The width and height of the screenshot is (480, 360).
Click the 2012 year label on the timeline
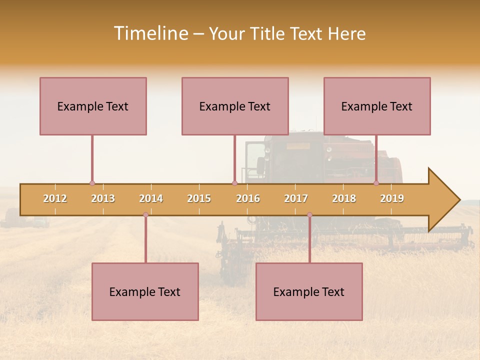[x=55, y=198]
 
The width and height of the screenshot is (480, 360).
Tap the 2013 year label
[x=103, y=198]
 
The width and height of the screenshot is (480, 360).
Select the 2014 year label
[x=151, y=198]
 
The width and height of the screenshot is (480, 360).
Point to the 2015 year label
[x=199, y=198]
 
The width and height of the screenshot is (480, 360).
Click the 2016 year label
[x=248, y=198]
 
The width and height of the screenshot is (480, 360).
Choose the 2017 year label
[x=296, y=198]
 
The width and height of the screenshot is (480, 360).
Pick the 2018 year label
[x=344, y=198]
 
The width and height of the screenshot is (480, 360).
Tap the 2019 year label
[x=392, y=198]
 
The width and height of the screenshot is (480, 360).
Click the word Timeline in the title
[x=150, y=33]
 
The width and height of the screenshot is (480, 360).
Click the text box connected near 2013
[x=93, y=106]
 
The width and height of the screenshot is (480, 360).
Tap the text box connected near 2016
[x=235, y=106]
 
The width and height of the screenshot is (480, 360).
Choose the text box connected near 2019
[x=377, y=106]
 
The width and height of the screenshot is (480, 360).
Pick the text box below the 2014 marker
[x=145, y=291]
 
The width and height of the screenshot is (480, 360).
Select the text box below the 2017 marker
[x=309, y=291]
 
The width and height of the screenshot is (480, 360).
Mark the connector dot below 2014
[x=145, y=215]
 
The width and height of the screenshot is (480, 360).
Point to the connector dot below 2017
[x=309, y=215]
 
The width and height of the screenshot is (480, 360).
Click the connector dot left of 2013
[x=92, y=183]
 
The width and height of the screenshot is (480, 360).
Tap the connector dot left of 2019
[x=376, y=183]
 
